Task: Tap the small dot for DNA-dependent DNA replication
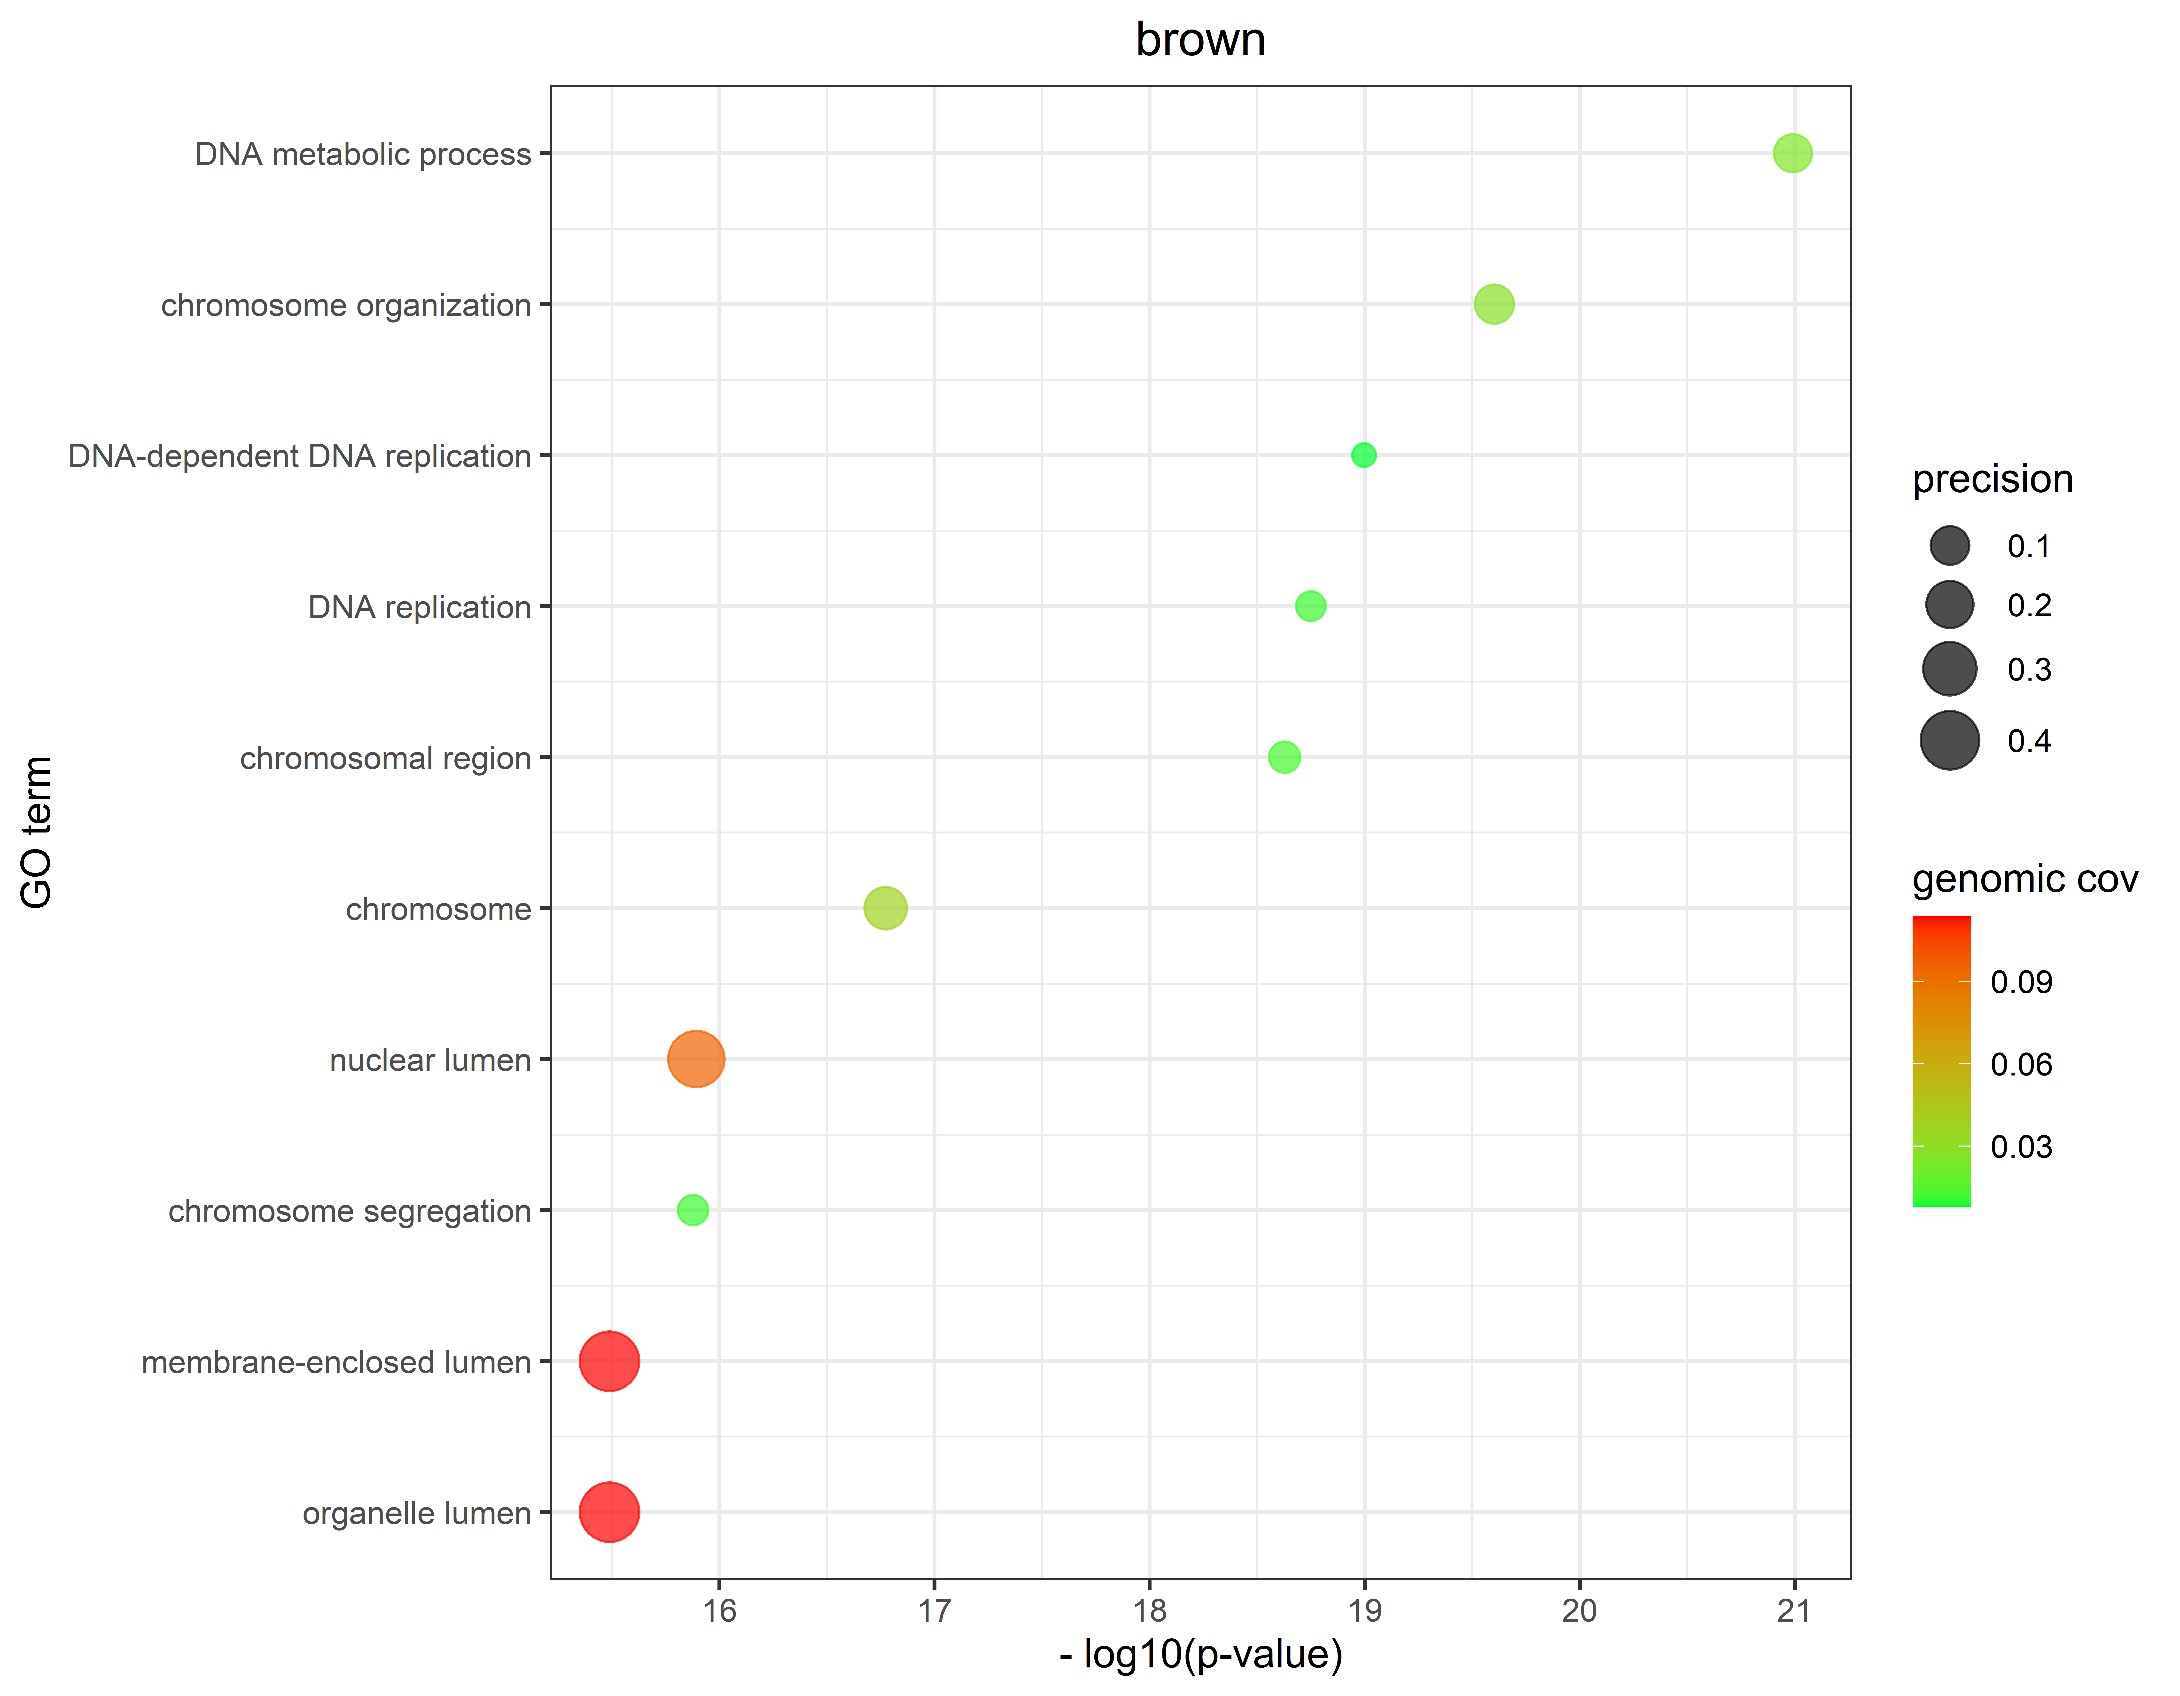(1363, 455)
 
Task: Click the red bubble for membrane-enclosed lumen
(609, 1361)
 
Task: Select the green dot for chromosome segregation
(693, 1210)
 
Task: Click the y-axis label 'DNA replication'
(419, 607)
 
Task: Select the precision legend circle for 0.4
(1948, 741)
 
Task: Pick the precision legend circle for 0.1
(1948, 546)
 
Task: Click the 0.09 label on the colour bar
(2021, 982)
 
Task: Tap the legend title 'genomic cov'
(2024, 879)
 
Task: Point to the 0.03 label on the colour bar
(2021, 1147)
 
